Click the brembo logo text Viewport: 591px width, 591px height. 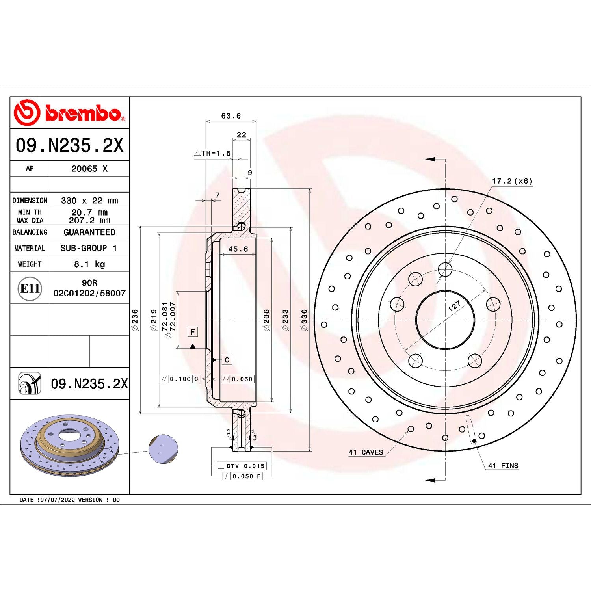click(83, 113)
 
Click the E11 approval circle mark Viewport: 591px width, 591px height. click(30, 288)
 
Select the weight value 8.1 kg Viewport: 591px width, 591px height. click(89, 264)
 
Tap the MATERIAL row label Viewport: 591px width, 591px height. click(30, 248)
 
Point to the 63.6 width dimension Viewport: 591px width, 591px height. click(230, 116)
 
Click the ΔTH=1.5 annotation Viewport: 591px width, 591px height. click(213, 153)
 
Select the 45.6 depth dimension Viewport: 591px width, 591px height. click(238, 249)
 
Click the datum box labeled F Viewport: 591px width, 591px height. click(193, 332)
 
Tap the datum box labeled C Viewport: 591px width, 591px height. click(227, 360)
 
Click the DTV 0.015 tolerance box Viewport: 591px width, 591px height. click(241, 466)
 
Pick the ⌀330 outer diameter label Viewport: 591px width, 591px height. click(304, 320)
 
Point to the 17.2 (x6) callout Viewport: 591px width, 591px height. click(512, 181)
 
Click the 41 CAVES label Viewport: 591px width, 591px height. click(366, 452)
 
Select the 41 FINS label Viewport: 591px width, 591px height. click(503, 466)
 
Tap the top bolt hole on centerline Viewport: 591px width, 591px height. click(445, 269)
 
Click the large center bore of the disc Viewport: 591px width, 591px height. click(445, 320)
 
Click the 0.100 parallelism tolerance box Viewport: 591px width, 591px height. click(180, 379)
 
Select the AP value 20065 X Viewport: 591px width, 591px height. click(89, 169)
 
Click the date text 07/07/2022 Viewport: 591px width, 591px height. click(57, 500)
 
